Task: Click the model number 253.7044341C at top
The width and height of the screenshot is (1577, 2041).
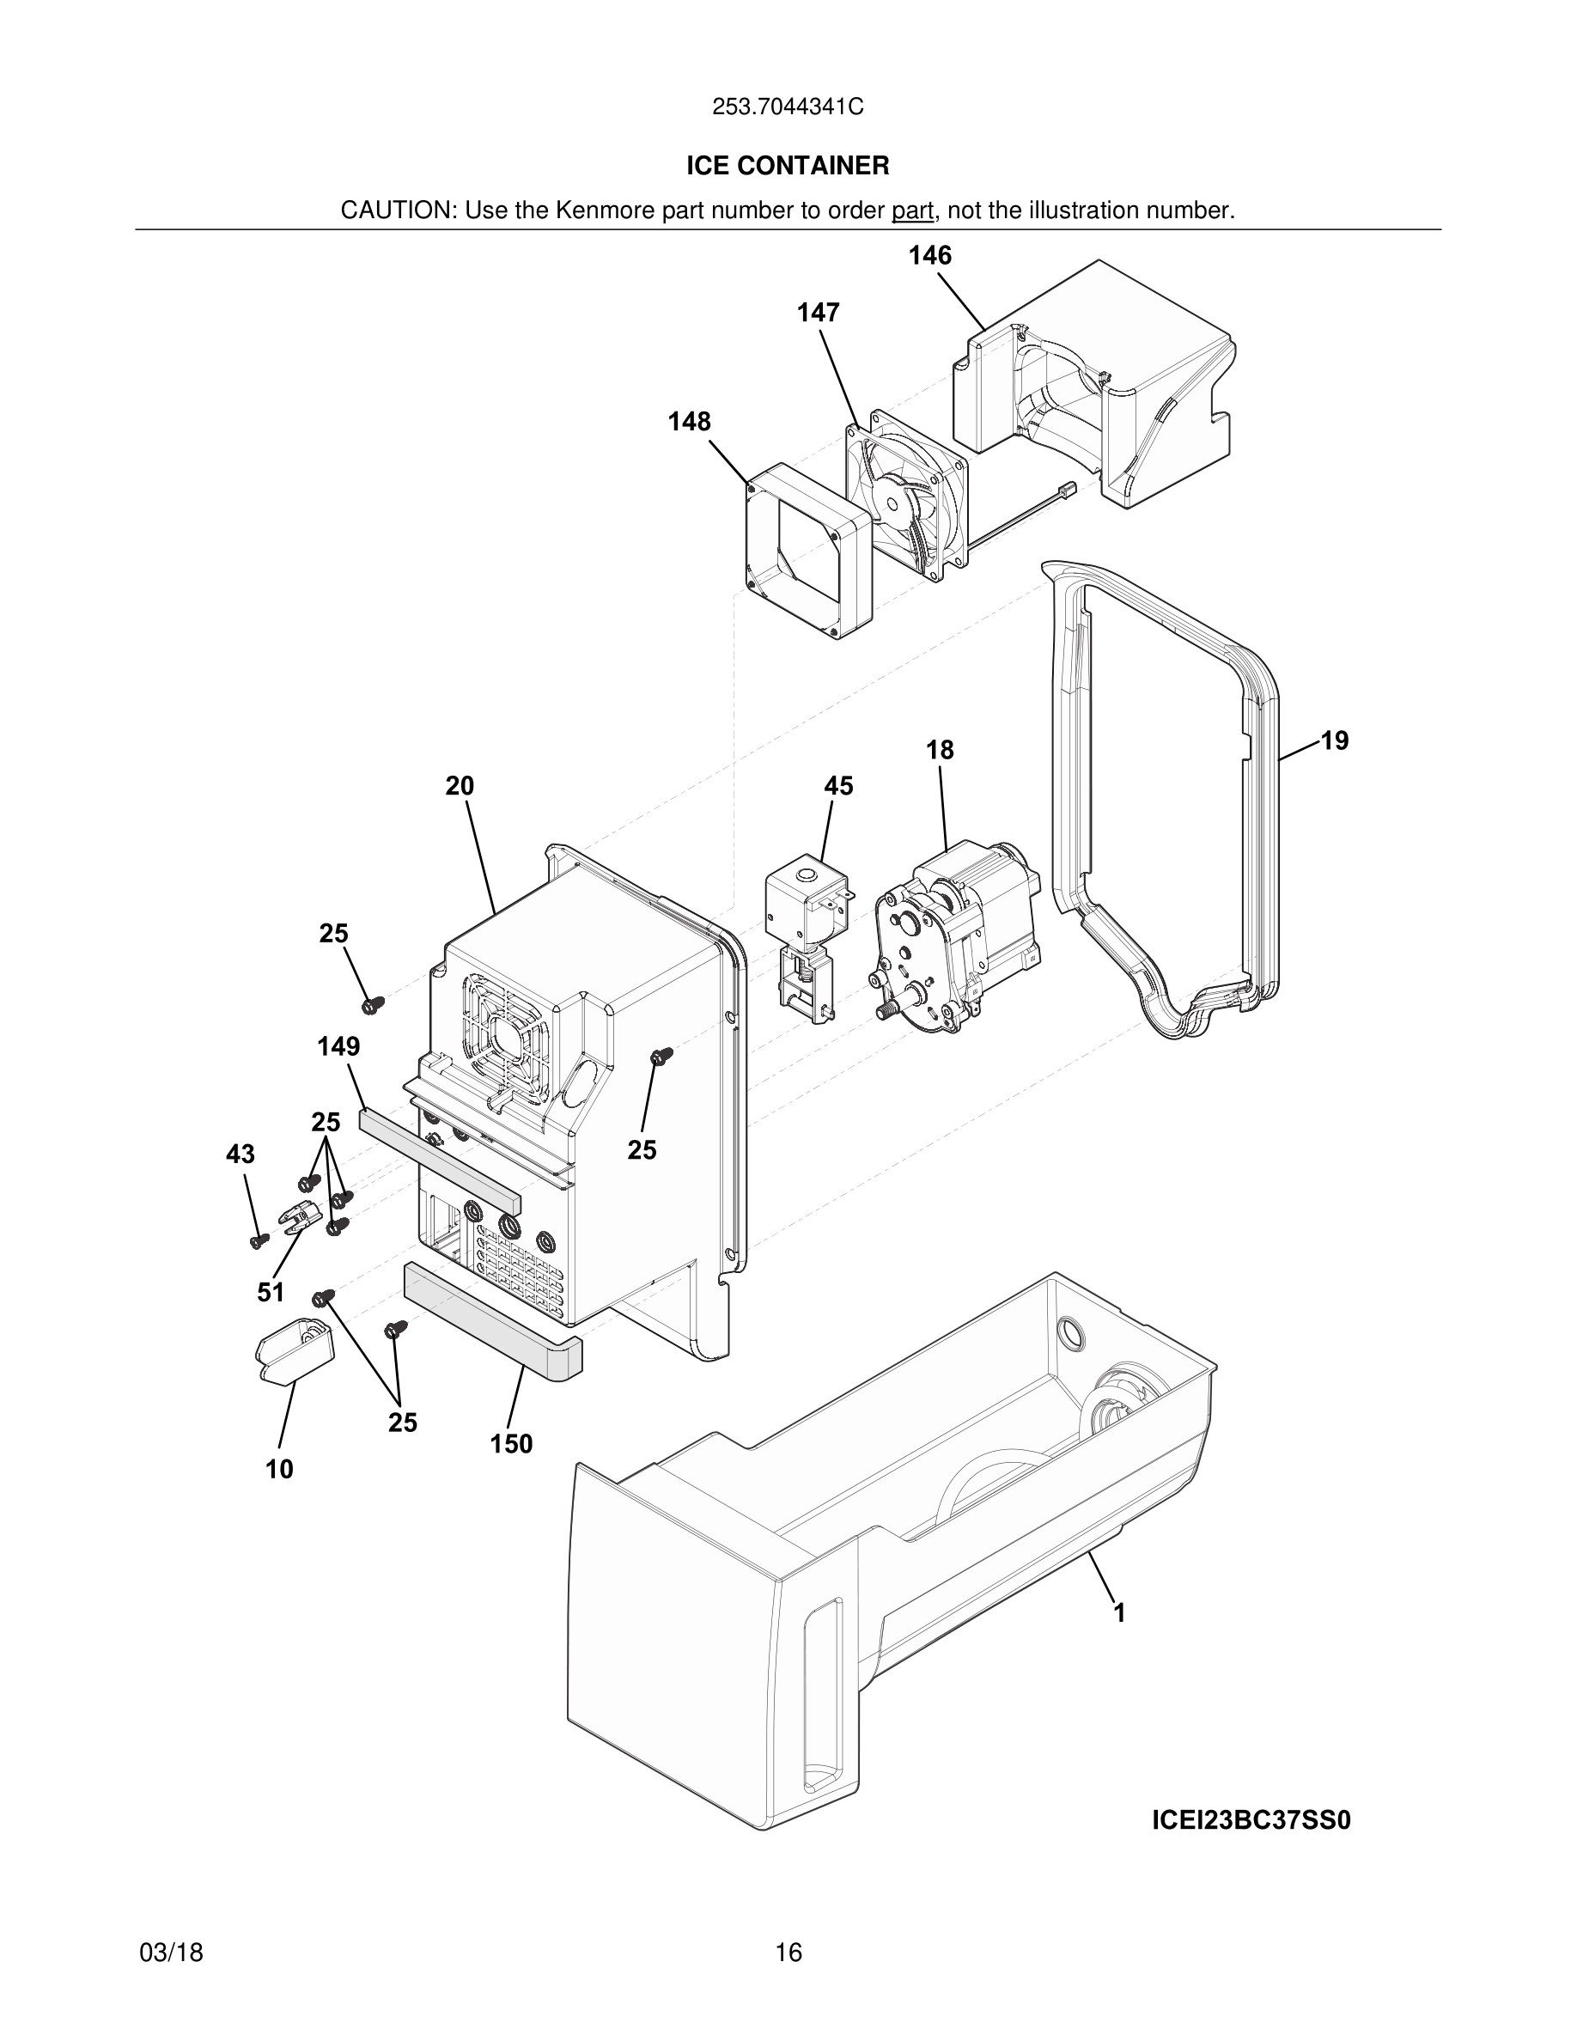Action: pos(788,107)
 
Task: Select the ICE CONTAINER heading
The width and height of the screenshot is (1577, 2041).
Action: pos(788,166)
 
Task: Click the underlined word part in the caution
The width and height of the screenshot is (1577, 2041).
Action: pos(912,211)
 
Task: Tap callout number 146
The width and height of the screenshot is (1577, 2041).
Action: pos(929,255)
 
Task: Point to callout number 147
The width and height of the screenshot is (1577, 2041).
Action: pos(818,312)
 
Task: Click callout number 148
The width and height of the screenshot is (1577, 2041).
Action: pos(689,422)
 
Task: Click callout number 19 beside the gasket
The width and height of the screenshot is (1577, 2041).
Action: pos(1334,740)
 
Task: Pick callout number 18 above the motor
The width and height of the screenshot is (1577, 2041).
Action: pos(940,750)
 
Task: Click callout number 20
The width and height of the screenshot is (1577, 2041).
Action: pos(459,786)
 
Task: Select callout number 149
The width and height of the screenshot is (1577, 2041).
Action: pos(338,1045)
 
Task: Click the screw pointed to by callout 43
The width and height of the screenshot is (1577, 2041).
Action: pos(259,1240)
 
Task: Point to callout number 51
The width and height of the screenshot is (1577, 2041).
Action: pos(270,1293)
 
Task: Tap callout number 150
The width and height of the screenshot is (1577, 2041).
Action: pos(511,1444)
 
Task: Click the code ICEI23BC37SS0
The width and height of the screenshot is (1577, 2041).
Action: pos(1251,1820)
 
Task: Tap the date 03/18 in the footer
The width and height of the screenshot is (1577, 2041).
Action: pos(171,1953)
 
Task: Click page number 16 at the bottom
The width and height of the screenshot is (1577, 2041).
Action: pos(788,1953)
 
